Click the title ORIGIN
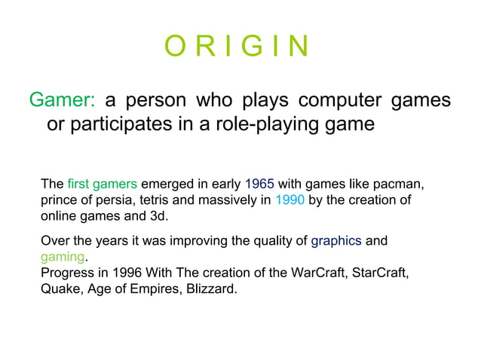[x=237, y=47]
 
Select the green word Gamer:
[x=62, y=100]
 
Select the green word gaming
[x=63, y=258]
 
